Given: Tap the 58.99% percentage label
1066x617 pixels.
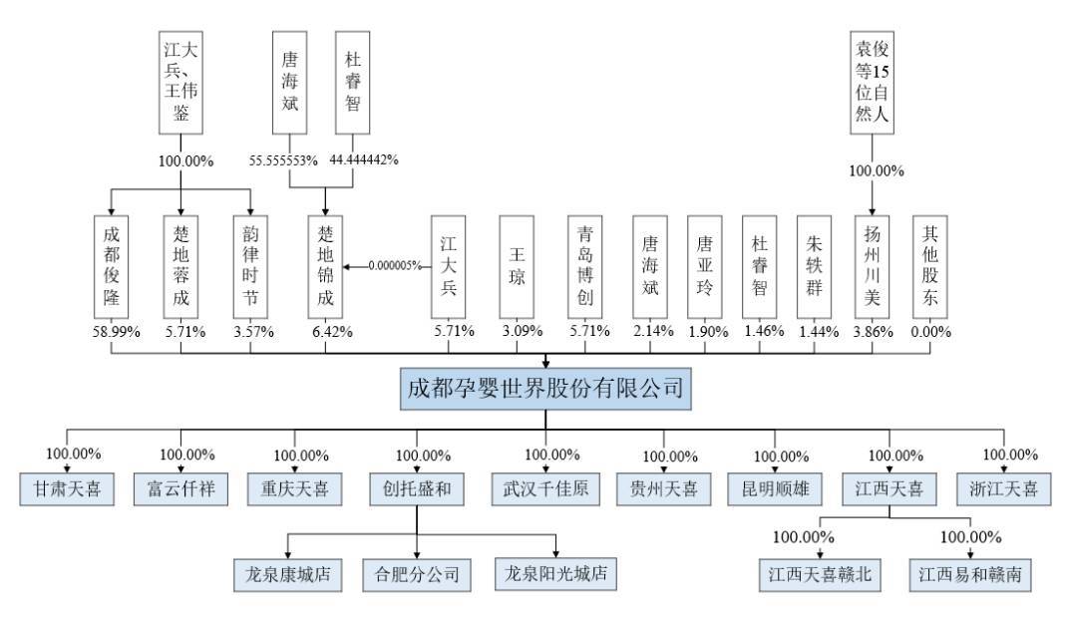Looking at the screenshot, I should pos(111,332).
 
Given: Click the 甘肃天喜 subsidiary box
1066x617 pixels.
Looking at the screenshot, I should pos(67,488).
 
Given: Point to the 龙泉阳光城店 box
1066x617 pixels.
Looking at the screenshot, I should pos(555,574).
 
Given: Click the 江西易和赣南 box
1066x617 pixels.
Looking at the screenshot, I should pos(970,575).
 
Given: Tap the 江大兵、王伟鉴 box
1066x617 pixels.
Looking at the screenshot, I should pos(181,86).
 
